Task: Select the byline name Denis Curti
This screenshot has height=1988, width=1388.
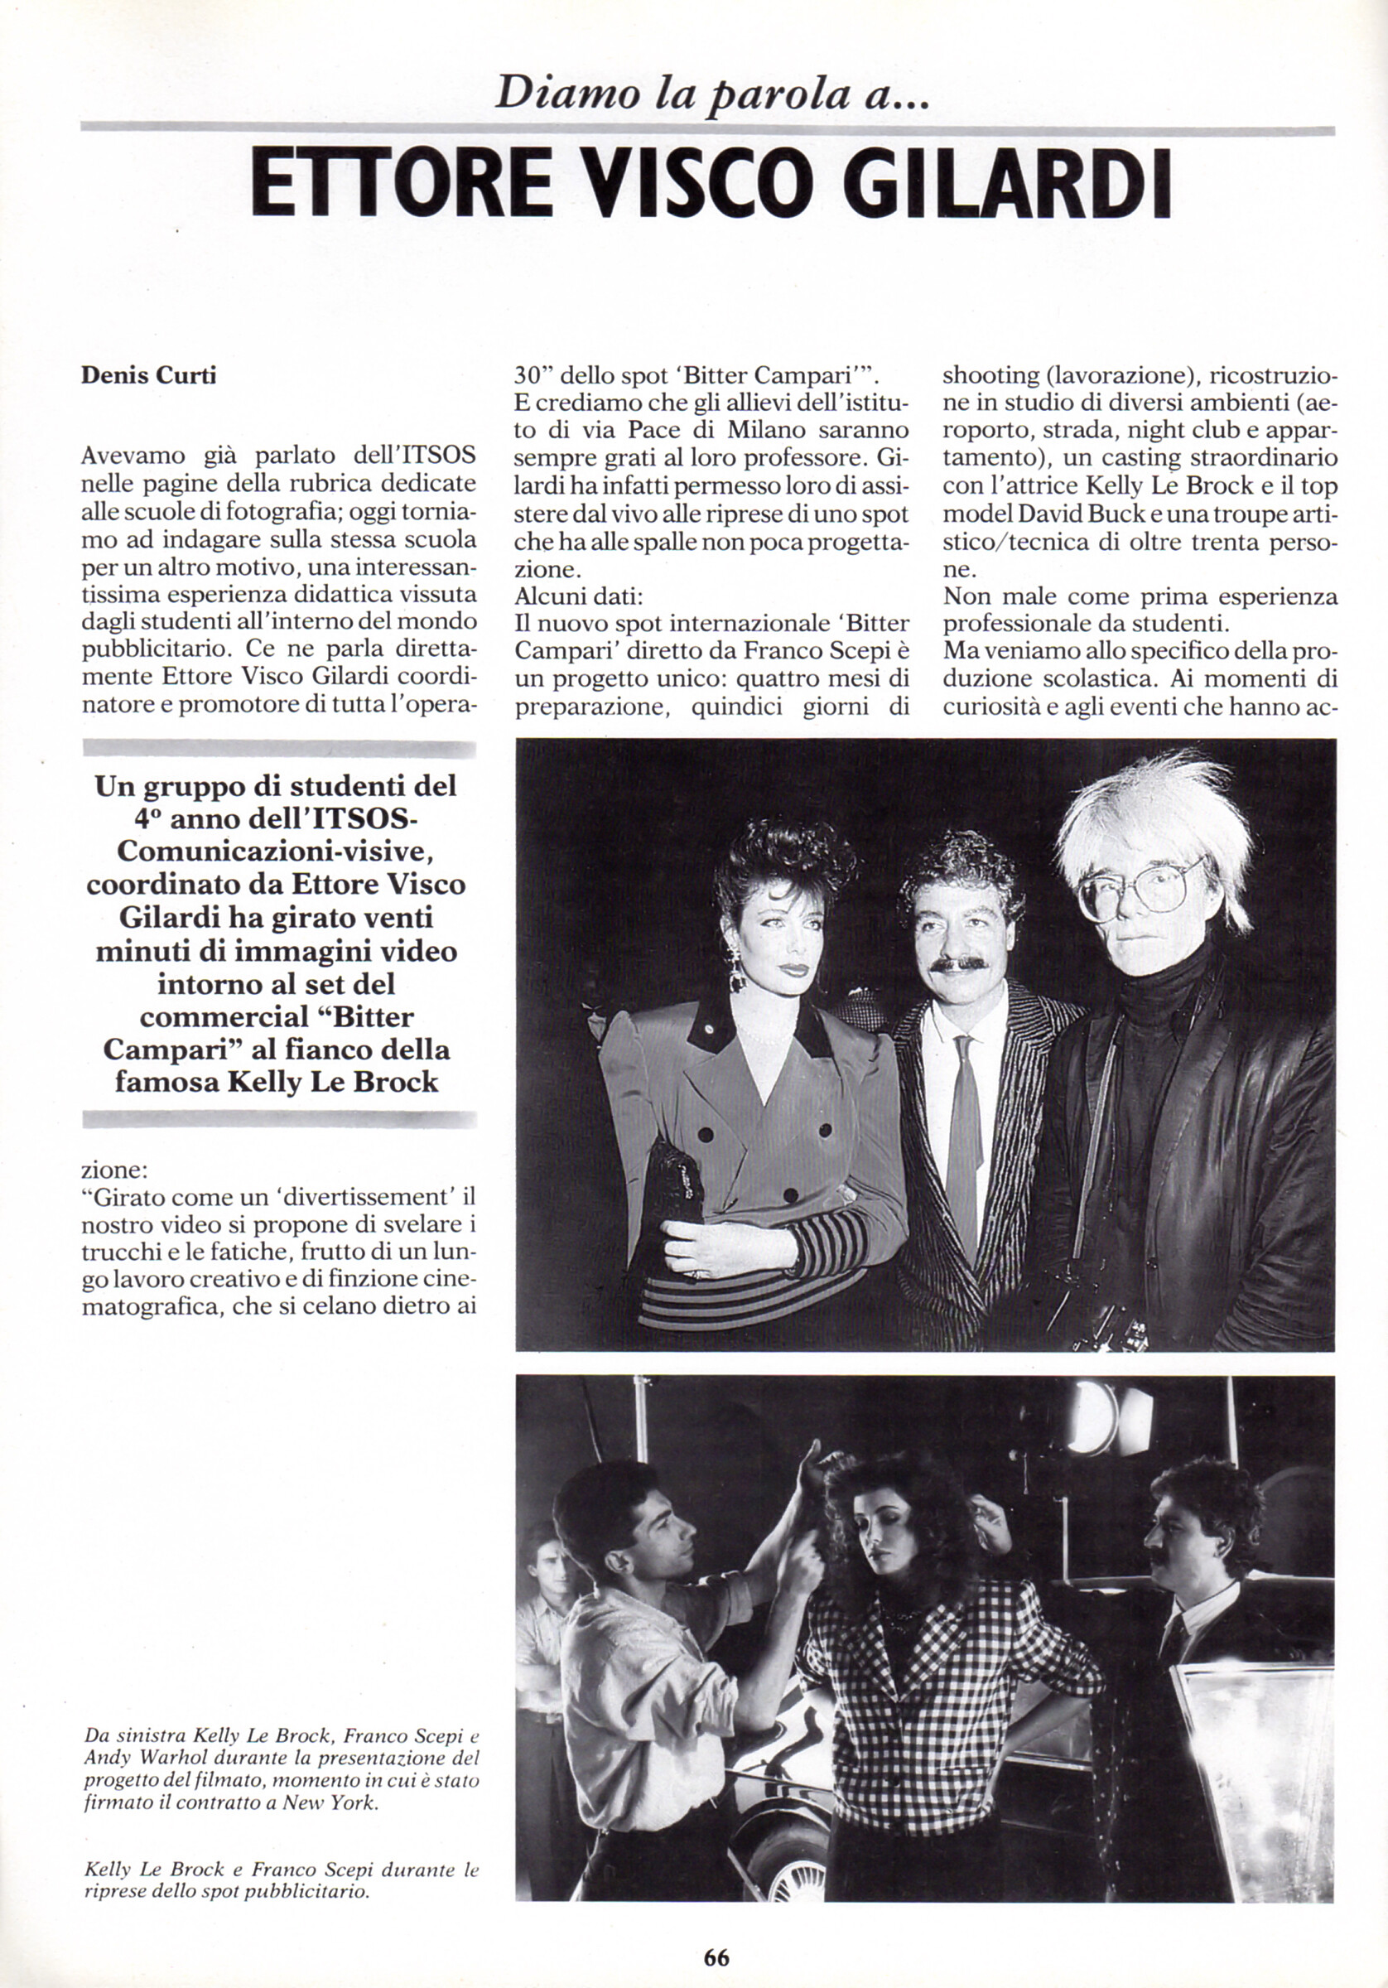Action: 148,377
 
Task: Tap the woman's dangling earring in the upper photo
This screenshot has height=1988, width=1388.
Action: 737,974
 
